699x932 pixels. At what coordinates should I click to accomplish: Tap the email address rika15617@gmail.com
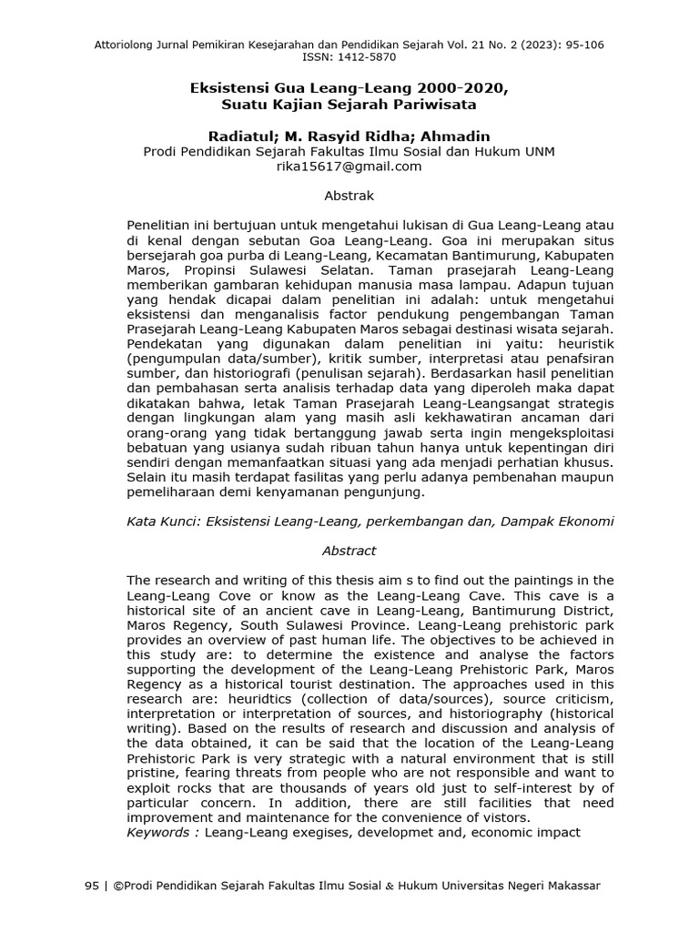349,167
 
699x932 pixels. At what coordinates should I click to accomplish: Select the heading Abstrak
349,196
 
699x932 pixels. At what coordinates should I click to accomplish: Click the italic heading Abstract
349,551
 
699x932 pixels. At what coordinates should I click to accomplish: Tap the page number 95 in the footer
91,886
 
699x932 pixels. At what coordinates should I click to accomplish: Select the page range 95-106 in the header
579,44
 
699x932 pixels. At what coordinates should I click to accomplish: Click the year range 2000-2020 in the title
463,91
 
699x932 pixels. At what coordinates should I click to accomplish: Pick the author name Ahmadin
458,136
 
